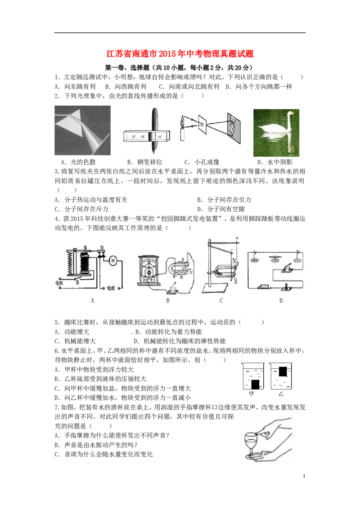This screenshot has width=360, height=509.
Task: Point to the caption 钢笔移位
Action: pos(149,162)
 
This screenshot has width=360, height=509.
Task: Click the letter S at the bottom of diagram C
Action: pos(235,281)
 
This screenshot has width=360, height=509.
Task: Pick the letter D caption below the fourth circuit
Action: pos(281,301)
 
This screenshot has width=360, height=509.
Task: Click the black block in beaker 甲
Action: pos(256,384)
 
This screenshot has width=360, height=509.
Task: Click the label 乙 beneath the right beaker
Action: pos(281,394)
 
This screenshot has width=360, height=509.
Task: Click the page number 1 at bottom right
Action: pos(304,476)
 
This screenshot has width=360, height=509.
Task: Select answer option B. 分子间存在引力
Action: pos(224,200)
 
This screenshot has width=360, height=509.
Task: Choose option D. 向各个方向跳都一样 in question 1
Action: pos(259,86)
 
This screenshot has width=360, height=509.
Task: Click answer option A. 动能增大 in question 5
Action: pos(72,331)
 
